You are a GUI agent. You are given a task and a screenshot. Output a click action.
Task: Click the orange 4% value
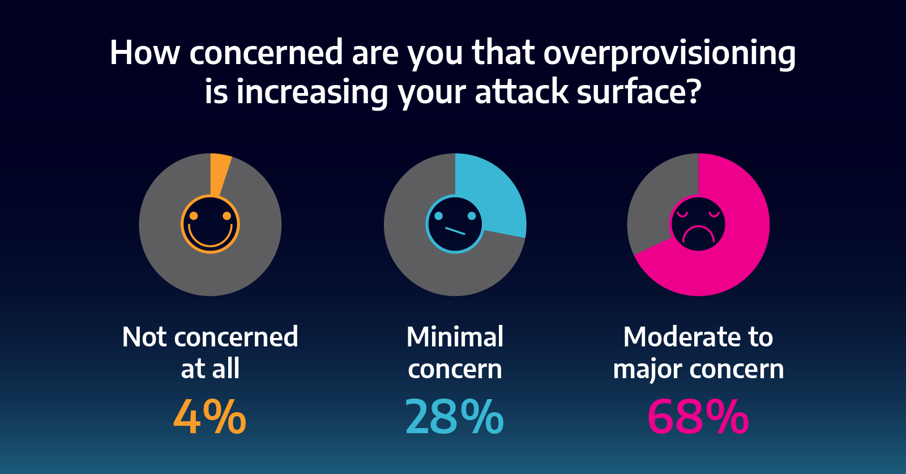(x=210, y=417)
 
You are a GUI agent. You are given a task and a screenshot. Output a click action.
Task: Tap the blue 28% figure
(x=454, y=417)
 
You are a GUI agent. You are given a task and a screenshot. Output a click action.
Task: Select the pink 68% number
(x=698, y=417)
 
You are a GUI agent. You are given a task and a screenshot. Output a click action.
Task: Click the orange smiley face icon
(x=210, y=225)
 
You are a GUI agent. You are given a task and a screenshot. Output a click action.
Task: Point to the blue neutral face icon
(x=455, y=224)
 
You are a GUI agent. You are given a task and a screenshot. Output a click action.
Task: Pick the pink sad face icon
(x=698, y=224)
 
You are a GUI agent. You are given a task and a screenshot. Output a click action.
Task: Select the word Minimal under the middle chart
(x=455, y=337)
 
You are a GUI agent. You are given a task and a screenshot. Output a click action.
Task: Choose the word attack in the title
(x=522, y=92)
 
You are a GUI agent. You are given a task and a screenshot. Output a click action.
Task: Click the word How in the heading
(x=144, y=53)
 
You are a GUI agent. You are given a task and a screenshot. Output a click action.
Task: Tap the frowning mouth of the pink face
(x=698, y=234)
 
